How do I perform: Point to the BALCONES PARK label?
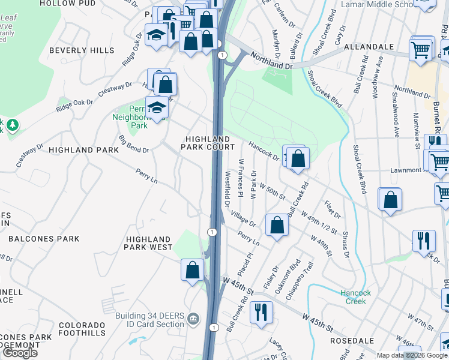[x=44, y=239]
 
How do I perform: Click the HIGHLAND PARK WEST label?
[x=149, y=242]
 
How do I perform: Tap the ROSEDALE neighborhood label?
[x=352, y=340]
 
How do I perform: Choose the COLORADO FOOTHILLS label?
[x=82, y=329]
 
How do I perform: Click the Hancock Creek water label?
[x=356, y=297]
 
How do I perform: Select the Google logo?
[x=20, y=353]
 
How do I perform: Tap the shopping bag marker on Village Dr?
[x=277, y=226]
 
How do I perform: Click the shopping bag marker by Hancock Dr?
[x=298, y=158]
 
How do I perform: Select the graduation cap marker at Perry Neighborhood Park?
[x=157, y=107]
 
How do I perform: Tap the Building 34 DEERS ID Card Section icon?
[x=193, y=317]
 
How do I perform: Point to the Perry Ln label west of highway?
[x=146, y=176]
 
